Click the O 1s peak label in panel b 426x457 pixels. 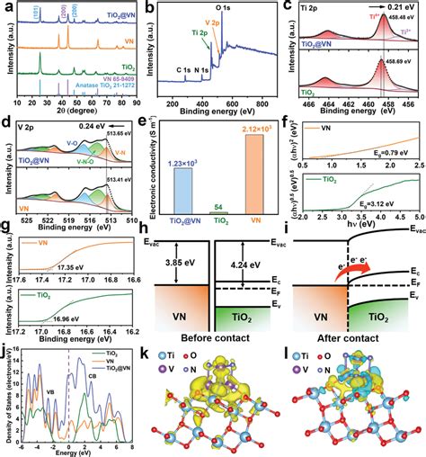[x=250, y=7]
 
